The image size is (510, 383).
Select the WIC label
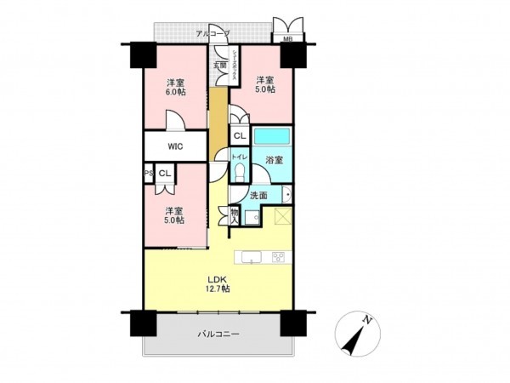coord(174,146)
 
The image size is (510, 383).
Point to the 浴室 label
coord(274,160)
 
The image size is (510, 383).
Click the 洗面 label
coord(258,196)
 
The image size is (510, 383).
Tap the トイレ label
coord(239,157)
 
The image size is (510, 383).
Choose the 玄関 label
coord(219,65)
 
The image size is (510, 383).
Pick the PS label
coord(148,174)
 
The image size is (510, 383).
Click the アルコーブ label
coord(212,33)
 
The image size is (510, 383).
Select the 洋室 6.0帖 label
coord(176,88)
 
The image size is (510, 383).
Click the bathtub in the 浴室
coord(273,136)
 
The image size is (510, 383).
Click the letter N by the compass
coord(368,320)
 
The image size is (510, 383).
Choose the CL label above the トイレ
coord(239,135)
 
